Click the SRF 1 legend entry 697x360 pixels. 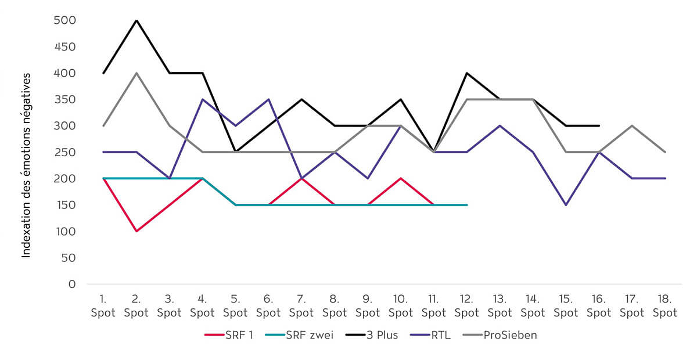pos(229,335)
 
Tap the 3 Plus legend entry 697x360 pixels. pos(372,335)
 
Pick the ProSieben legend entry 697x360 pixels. pos(500,335)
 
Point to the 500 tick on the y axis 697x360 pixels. pos(65,20)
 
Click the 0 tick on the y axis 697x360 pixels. pos(72,284)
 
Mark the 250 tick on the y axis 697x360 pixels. pos(65,152)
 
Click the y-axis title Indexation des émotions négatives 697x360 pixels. pos(25,165)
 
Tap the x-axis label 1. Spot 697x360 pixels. pos(103,306)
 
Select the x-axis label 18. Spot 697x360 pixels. pos(665,306)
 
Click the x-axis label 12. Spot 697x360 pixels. pos(467,306)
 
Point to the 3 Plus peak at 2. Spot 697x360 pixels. pos(136,20)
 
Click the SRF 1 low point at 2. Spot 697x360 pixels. pos(136,231)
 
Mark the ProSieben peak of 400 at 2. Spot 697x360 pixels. pos(136,73)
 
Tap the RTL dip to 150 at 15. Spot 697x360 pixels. pos(566,205)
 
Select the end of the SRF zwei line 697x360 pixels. pos(467,205)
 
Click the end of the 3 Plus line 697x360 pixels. pos(599,125)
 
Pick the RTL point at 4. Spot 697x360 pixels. pos(202,99)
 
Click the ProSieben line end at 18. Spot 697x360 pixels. pos(665,152)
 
